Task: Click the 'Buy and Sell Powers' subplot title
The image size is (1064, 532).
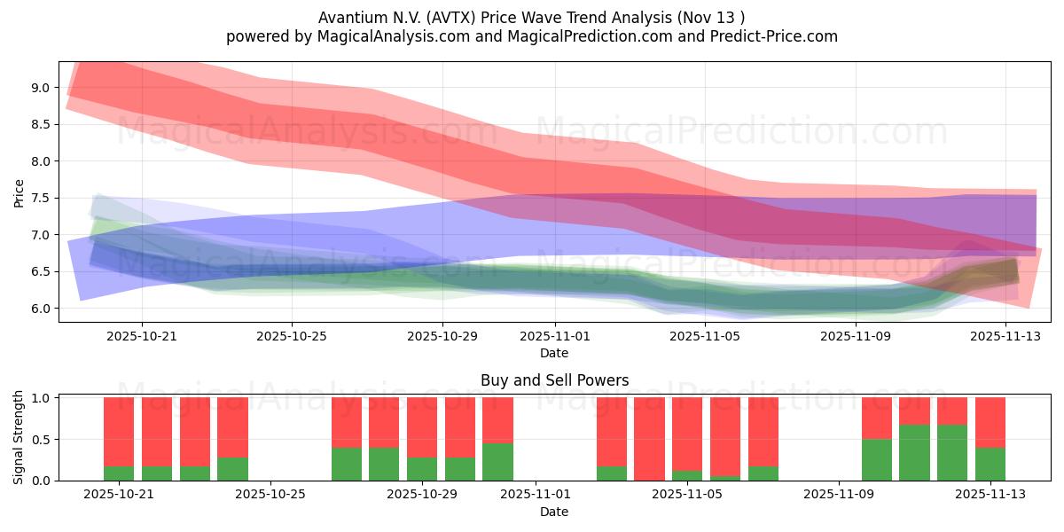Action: pos(554,380)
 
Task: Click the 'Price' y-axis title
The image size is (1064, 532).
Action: pos(20,192)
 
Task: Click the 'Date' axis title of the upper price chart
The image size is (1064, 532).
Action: pos(554,353)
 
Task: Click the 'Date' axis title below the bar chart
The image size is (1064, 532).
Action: pos(554,512)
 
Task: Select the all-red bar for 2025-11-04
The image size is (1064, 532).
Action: pos(649,439)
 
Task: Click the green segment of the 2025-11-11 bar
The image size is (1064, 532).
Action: pos(914,453)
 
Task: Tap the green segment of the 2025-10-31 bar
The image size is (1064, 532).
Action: pos(497,462)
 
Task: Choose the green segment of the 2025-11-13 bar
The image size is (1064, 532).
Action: pos(990,465)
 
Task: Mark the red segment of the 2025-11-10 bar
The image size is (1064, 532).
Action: pos(877,418)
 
